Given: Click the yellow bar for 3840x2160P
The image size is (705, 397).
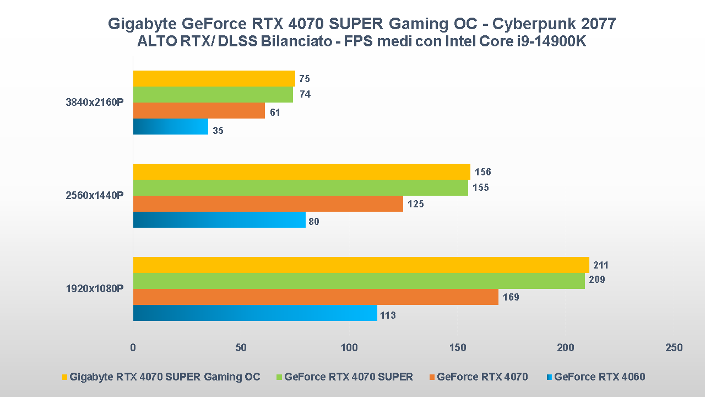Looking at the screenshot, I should point(214,78).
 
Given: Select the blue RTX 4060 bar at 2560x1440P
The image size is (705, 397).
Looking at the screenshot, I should point(219,220).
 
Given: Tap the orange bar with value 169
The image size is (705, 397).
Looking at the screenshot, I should point(316,297).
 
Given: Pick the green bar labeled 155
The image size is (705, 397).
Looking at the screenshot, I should point(300,187).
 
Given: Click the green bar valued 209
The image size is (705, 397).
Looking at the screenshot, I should point(359,281).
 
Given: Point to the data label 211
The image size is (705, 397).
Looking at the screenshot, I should point(601,266).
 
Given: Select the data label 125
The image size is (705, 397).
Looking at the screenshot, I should point(416,205).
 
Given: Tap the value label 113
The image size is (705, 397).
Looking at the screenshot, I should point(388,316).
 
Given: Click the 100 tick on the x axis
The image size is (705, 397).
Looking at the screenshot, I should point(349,348).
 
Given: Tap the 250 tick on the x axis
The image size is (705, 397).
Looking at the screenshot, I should point(674,348).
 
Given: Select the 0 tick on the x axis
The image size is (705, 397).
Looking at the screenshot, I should point(133,348).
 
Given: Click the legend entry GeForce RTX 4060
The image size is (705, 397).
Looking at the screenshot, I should point(599,377).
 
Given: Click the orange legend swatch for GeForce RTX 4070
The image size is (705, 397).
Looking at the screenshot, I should point(432,377).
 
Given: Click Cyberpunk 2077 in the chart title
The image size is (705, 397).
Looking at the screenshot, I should point(554,24).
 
